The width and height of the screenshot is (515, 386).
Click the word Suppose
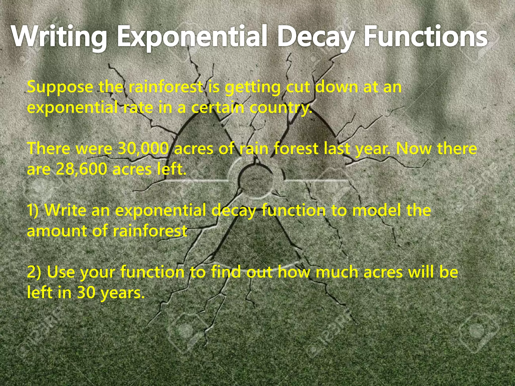pyautogui.click(x=60, y=87)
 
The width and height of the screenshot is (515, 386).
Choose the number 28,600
pyautogui.click(x=81, y=169)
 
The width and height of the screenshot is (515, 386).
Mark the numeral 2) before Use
pyautogui.click(x=34, y=272)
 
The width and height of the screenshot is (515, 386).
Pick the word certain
pyautogui.click(x=218, y=108)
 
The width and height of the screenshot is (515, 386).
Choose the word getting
pyautogui.click(x=253, y=87)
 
